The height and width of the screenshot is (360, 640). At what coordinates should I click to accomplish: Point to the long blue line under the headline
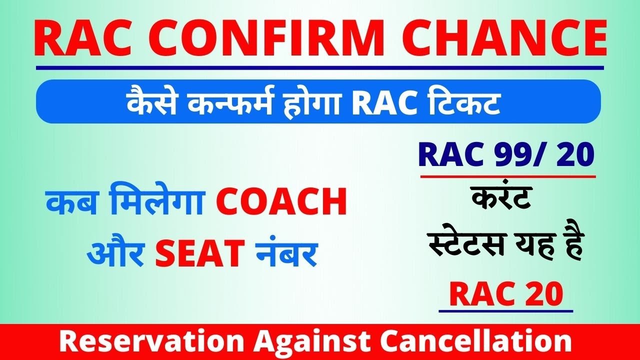[x=320, y=67]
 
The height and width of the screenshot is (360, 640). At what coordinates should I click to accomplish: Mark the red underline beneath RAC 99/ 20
[x=508, y=176]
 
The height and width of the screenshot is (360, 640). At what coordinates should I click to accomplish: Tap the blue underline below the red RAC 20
[x=505, y=311]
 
